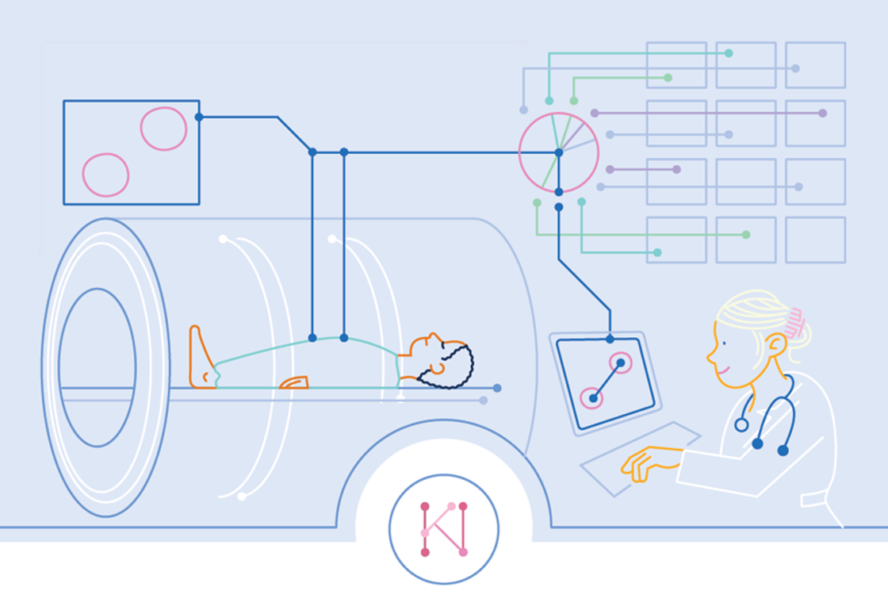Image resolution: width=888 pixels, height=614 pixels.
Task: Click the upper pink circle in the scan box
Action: pyautogui.click(x=163, y=129)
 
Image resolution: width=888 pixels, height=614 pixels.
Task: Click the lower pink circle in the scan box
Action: pyautogui.click(x=105, y=175)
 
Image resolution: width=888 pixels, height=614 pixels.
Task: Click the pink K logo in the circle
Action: pyautogui.click(x=444, y=528)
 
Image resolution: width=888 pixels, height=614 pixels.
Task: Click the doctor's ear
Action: pyautogui.click(x=775, y=345)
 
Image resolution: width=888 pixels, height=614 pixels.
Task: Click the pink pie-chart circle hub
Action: pyautogui.click(x=558, y=152)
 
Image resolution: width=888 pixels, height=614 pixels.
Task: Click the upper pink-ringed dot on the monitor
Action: pyautogui.click(x=621, y=363)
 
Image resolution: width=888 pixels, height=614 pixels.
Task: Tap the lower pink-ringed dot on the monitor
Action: pyautogui.click(x=592, y=398)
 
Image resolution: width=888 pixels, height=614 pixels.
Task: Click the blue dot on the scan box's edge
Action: pyautogui.click(x=198, y=117)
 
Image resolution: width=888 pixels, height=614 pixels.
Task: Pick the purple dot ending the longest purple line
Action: pyautogui.click(x=822, y=113)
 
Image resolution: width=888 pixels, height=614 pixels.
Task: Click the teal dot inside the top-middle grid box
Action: pyautogui.click(x=729, y=53)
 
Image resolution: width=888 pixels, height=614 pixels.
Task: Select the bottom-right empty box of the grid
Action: pyautogui.click(x=815, y=240)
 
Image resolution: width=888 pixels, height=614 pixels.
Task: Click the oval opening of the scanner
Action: pyautogui.click(x=97, y=366)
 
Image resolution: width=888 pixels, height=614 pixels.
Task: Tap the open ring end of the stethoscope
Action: pyautogui.click(x=741, y=425)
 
